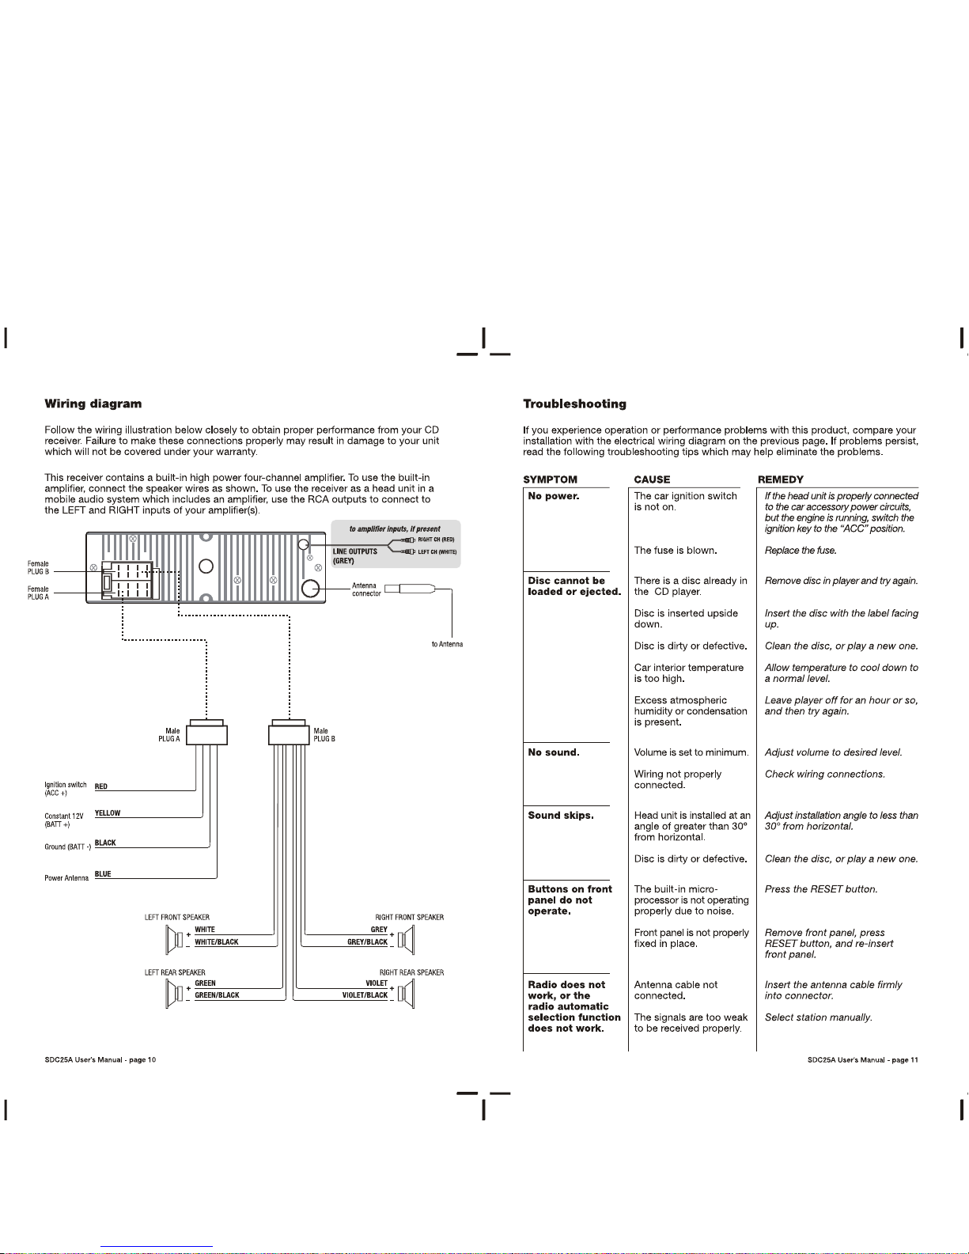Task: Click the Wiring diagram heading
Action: (x=93, y=404)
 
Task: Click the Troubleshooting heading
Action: (x=574, y=404)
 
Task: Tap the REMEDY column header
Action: (x=781, y=479)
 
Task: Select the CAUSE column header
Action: (x=652, y=479)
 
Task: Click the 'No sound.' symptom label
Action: (x=553, y=752)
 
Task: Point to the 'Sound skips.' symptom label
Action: (x=561, y=816)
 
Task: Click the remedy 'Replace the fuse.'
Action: (x=801, y=551)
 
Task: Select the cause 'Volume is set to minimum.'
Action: (x=691, y=752)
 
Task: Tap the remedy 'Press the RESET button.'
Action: (x=821, y=889)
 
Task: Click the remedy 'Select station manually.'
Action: (x=819, y=1017)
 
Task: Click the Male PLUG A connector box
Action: (x=206, y=733)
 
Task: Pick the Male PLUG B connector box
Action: (x=289, y=733)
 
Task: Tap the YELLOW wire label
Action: (x=108, y=813)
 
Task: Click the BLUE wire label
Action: (x=103, y=874)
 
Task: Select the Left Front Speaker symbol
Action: (x=174, y=939)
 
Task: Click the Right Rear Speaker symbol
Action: (x=406, y=994)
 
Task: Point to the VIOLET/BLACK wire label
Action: (x=365, y=995)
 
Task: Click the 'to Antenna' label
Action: (x=447, y=644)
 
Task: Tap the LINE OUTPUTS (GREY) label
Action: (x=354, y=556)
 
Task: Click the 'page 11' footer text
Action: (x=904, y=1059)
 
